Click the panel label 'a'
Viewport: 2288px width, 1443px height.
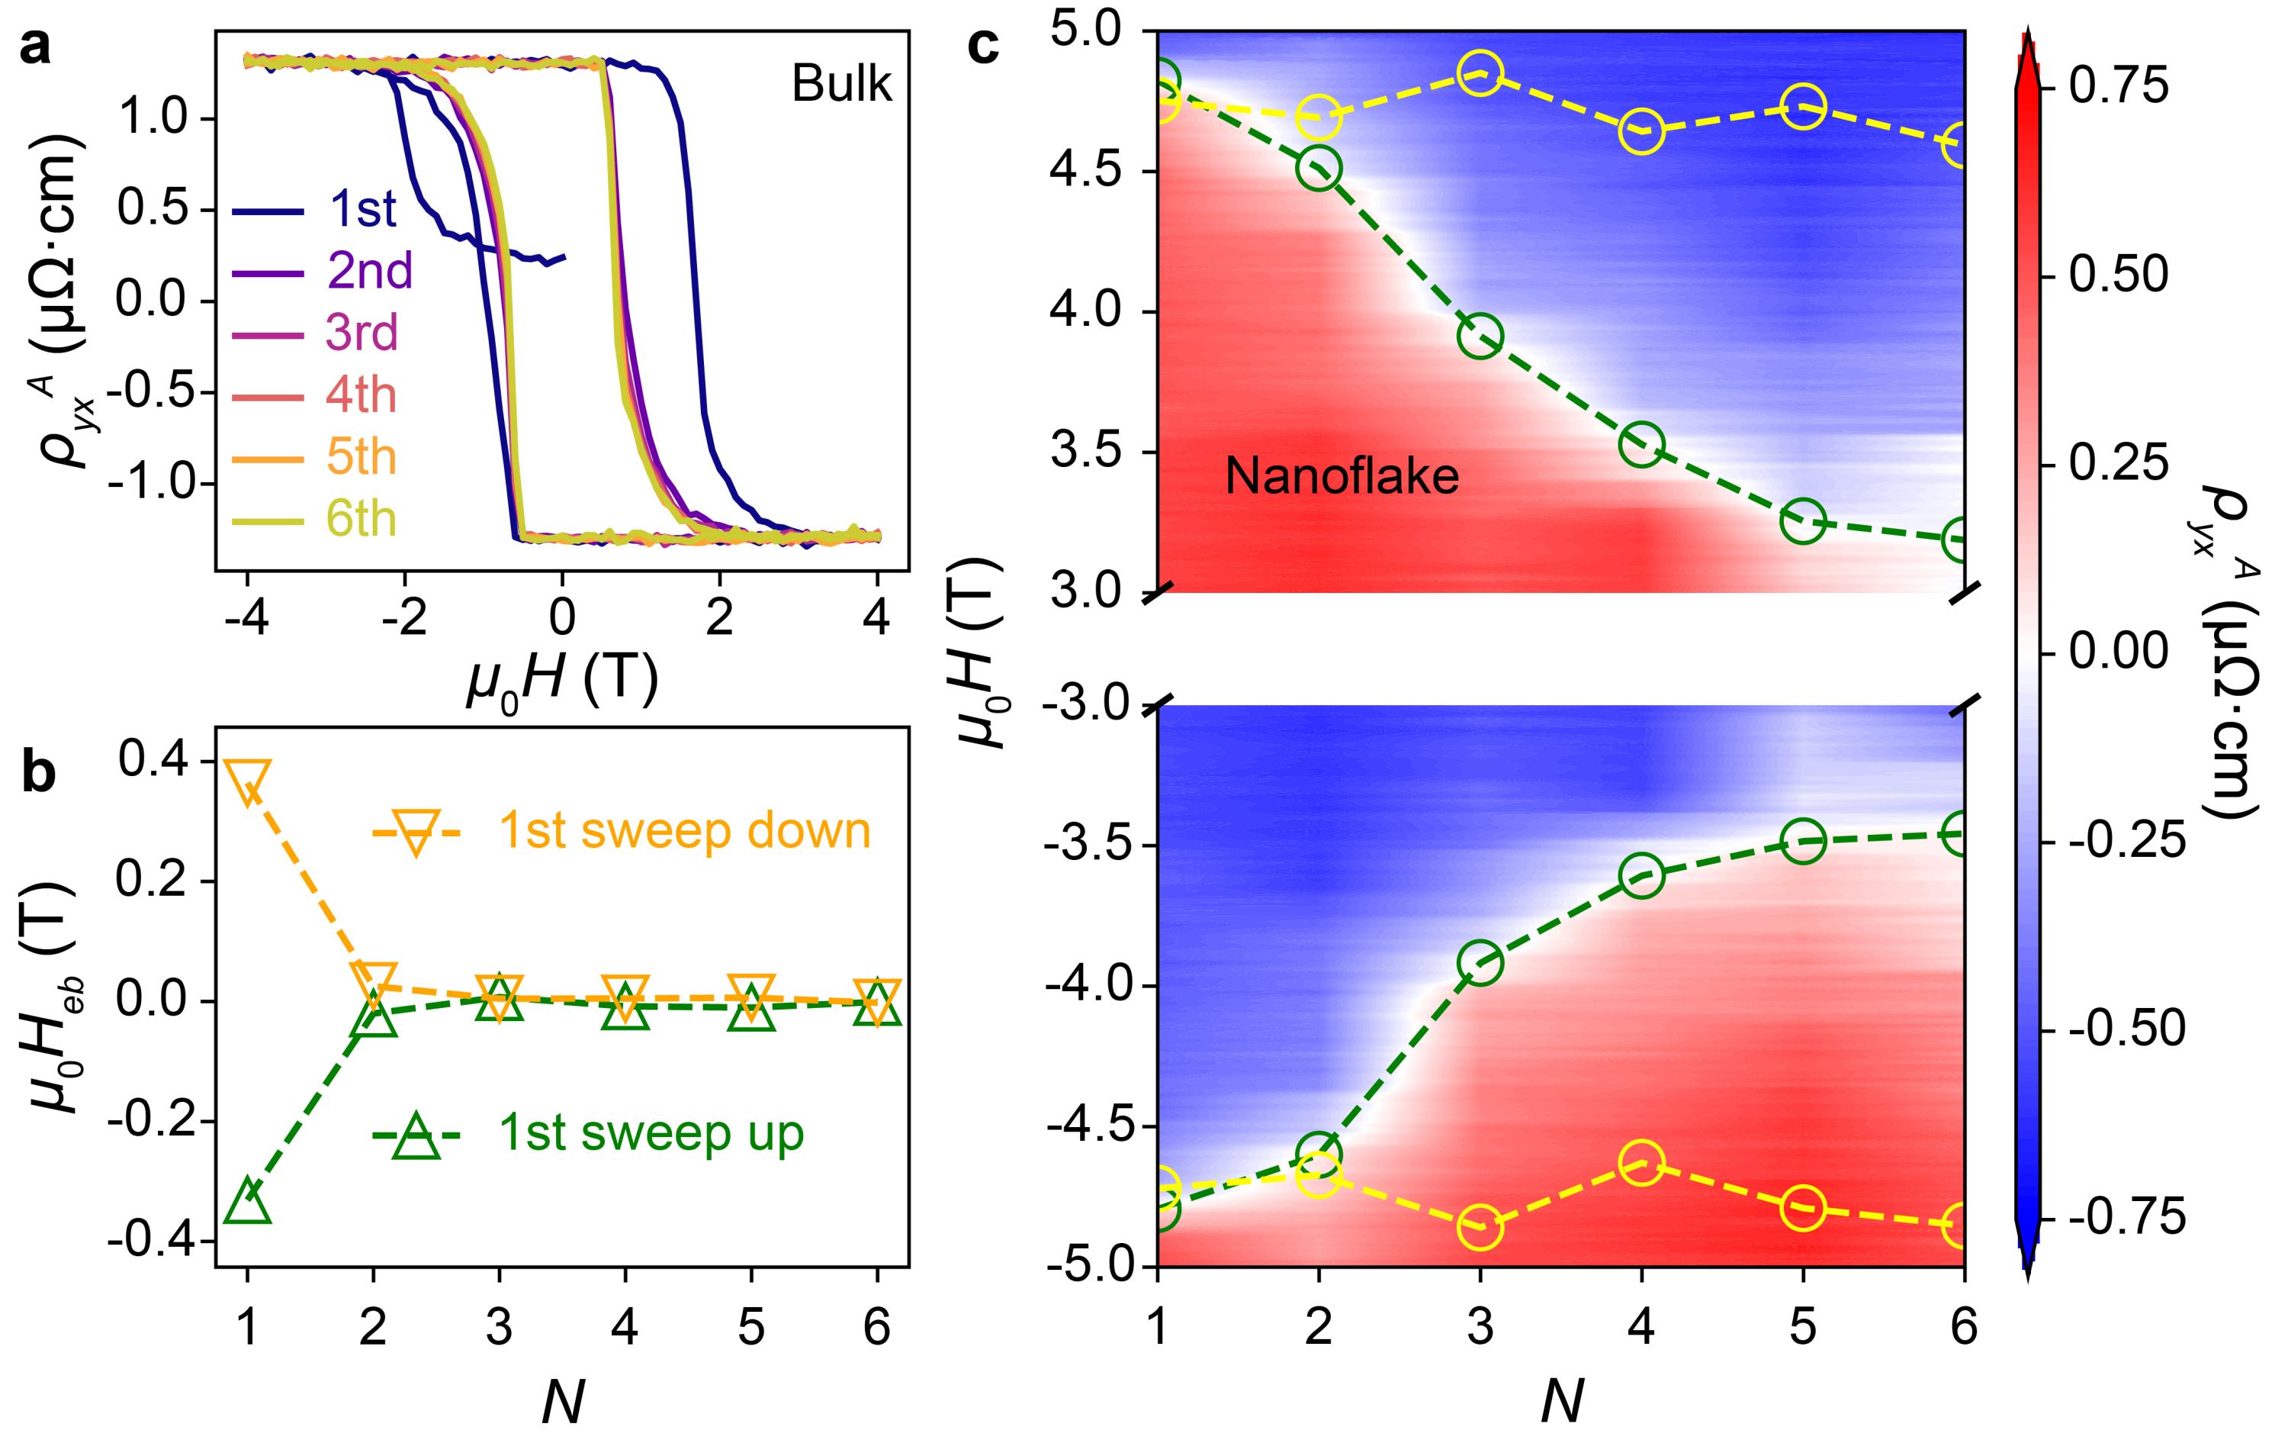pyautogui.click(x=35, y=47)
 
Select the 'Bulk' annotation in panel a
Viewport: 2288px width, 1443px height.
pyautogui.click(x=841, y=85)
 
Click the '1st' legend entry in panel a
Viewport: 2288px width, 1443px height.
pyautogui.click(x=362, y=209)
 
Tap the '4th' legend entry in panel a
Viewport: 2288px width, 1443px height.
pyautogui.click(x=361, y=395)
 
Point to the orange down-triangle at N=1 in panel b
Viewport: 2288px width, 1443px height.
pyautogui.click(x=247, y=782)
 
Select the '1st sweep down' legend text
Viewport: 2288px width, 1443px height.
pyautogui.click(x=684, y=831)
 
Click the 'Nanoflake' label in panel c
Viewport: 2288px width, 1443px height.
pyautogui.click(x=1341, y=475)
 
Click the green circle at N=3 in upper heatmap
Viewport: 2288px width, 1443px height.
pyautogui.click(x=1480, y=337)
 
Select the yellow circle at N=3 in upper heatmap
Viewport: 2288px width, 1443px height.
pyautogui.click(x=1480, y=73)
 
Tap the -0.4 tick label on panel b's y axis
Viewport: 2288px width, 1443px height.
pyautogui.click(x=154, y=1242)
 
